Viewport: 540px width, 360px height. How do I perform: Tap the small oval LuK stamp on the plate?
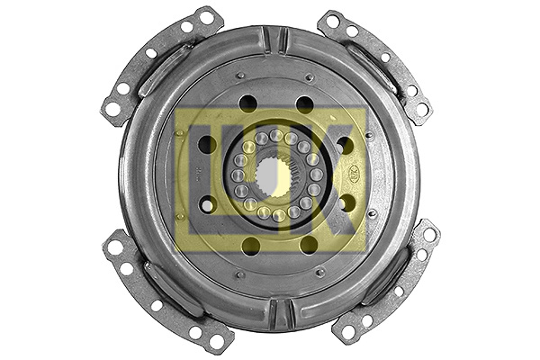point(355,171)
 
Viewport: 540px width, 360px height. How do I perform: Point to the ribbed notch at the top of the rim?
point(274,40)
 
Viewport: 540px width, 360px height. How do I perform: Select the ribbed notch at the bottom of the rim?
point(281,314)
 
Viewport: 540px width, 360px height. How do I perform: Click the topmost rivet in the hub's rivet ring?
point(276,135)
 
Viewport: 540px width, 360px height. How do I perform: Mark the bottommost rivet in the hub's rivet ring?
point(279,215)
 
